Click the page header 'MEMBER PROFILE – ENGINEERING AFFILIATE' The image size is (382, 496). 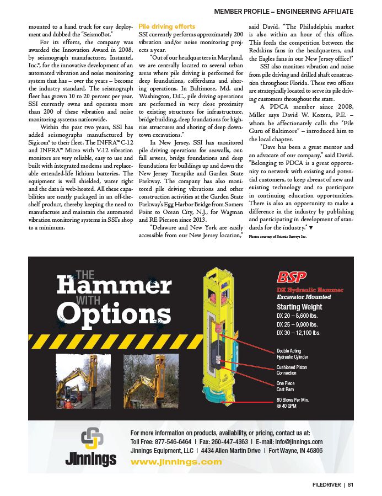coord(283,11)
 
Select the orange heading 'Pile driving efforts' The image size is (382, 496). coord(166,26)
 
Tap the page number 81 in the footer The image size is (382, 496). coord(350,485)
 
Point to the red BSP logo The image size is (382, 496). coord(291,277)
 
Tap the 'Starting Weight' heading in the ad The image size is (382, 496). coord(299,307)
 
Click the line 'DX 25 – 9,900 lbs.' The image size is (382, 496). coord(298,324)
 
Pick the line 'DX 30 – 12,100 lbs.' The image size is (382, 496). coord(299,333)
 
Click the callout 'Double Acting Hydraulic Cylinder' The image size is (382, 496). coord(293,354)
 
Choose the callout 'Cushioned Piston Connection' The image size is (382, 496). coord(292,370)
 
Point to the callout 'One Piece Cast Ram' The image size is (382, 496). coord(286,386)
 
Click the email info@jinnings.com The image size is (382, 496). coord(294,442)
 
